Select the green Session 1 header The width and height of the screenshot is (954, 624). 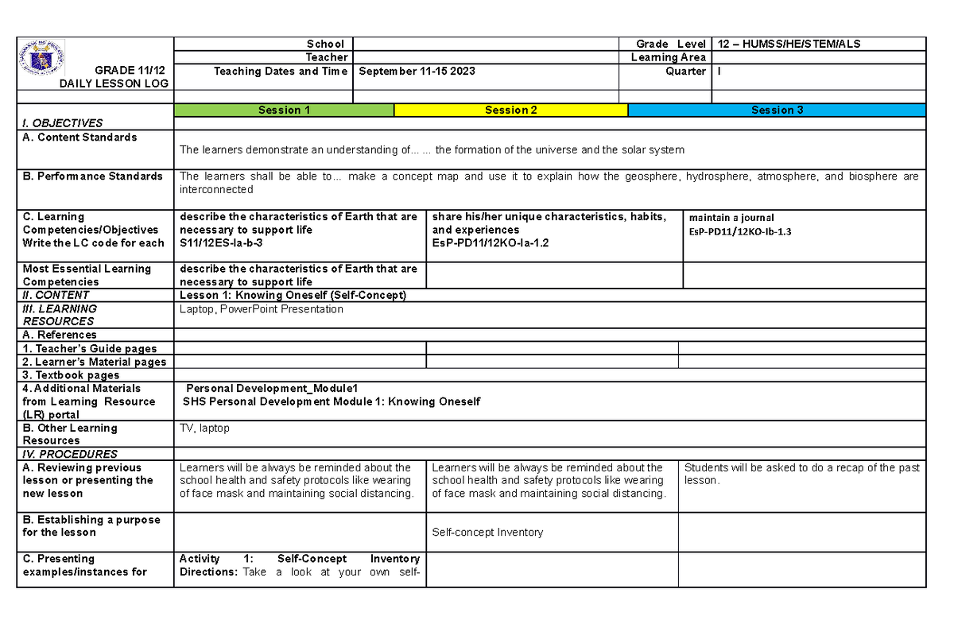click(284, 110)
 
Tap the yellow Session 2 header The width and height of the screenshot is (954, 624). click(510, 110)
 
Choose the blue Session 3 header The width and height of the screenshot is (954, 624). click(777, 110)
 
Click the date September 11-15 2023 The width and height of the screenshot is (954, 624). click(417, 72)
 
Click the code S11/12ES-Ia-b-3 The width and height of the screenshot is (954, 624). click(220, 243)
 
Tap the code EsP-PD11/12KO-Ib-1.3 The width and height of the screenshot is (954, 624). click(740, 232)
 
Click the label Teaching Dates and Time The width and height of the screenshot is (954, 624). click(281, 72)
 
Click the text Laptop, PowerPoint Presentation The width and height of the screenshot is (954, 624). click(262, 309)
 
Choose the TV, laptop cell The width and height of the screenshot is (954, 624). click(204, 428)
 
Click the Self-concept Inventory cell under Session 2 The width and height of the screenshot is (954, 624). click(487, 533)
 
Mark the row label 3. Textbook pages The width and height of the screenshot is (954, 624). click(71, 375)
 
